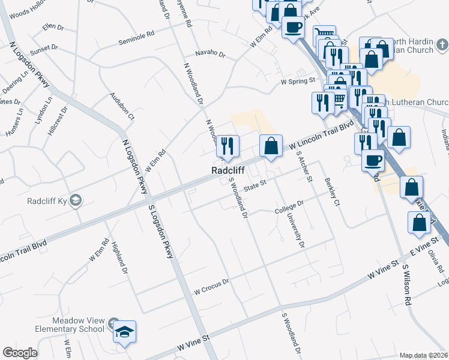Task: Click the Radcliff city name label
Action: [231, 171]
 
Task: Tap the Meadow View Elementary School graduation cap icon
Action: [124, 332]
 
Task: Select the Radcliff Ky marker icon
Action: [76, 200]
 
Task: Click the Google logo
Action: [20, 353]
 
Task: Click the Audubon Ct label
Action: [122, 106]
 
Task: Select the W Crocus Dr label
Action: [212, 281]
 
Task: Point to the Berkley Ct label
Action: [332, 191]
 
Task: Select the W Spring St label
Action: [298, 80]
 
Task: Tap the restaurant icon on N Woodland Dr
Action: [228, 146]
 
